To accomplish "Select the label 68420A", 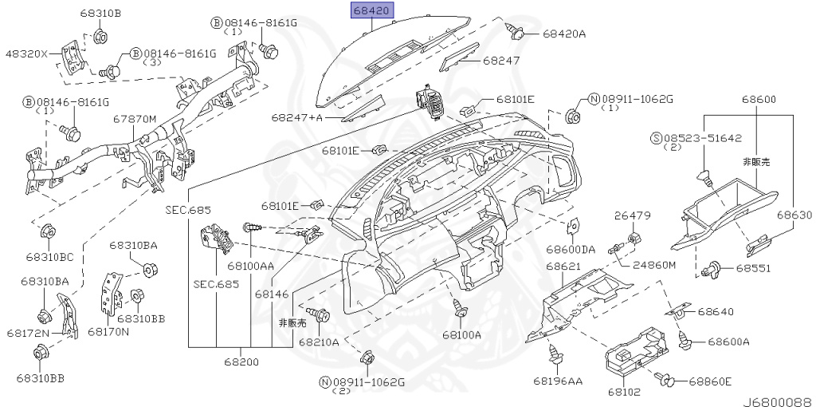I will tap(564, 34).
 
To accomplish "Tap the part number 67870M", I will tap(134, 119).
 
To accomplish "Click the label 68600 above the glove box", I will tap(758, 99).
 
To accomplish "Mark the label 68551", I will tap(752, 268).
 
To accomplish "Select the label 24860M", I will tap(654, 264).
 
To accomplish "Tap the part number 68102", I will tap(623, 392).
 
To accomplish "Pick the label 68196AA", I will tap(558, 381).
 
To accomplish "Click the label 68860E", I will tap(710, 381).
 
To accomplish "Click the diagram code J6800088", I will tap(778, 401).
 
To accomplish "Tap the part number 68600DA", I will tap(571, 249).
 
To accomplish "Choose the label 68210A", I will tap(319, 342).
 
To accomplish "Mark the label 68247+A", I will tap(296, 117).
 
